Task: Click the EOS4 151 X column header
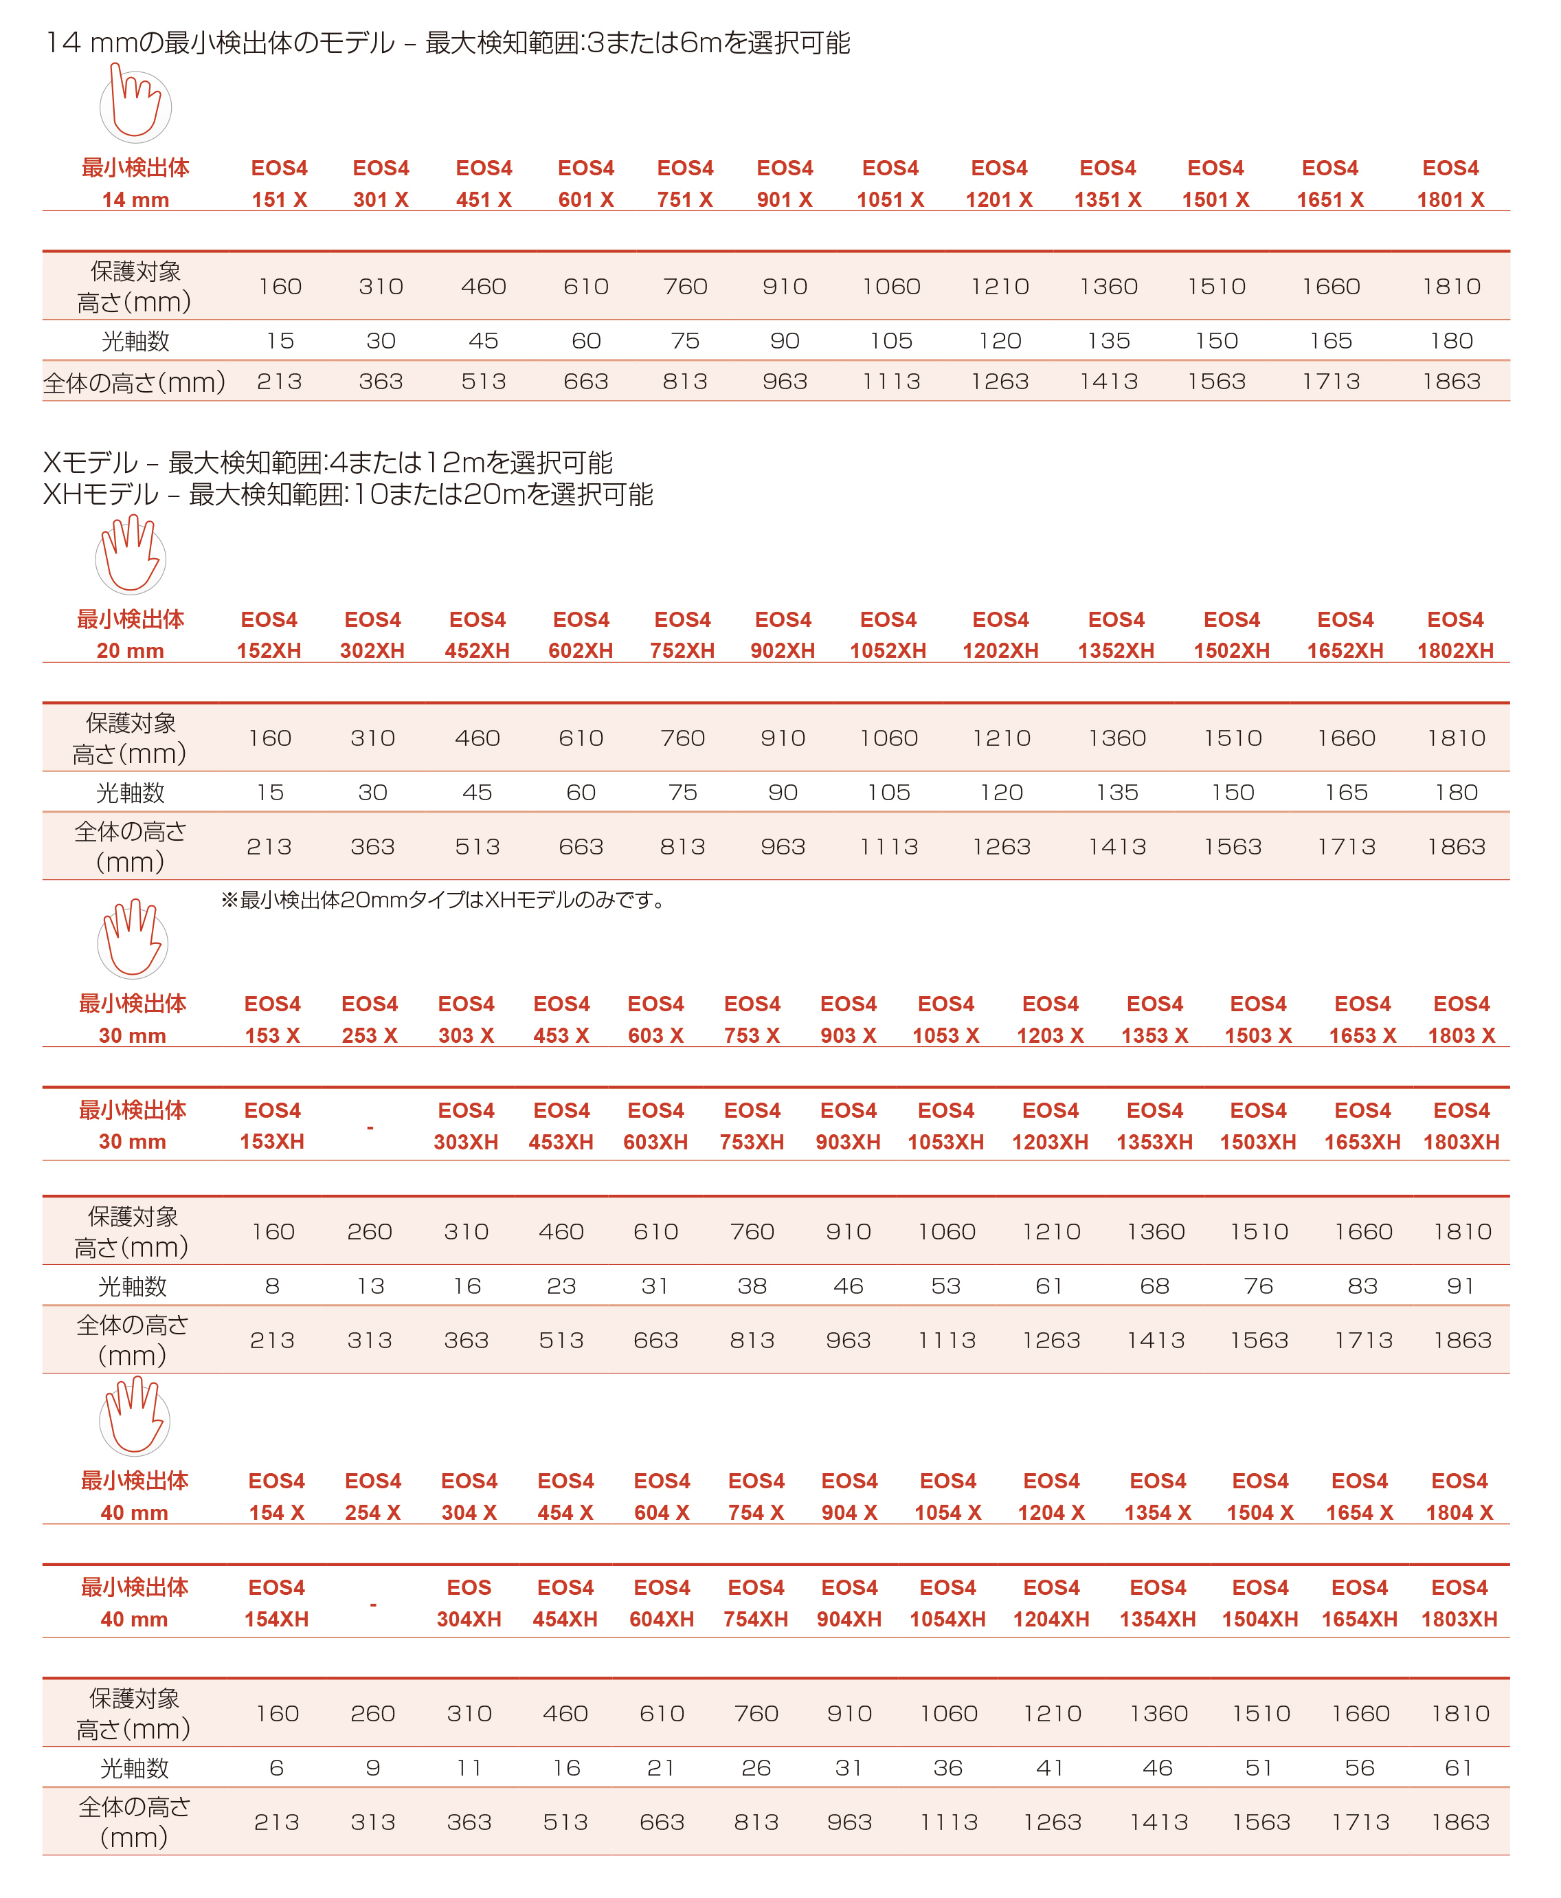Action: [x=279, y=184]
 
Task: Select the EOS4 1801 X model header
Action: [x=1450, y=184]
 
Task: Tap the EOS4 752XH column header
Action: [x=682, y=635]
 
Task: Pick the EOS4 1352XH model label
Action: [x=1115, y=635]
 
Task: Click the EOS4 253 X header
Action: [x=370, y=1019]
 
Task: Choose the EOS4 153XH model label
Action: [x=273, y=1125]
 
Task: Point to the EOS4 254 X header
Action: [x=372, y=1496]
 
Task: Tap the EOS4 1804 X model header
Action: [x=1459, y=1496]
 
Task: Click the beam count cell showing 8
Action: [x=273, y=1285]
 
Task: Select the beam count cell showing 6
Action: [x=276, y=1767]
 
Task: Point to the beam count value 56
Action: [x=1359, y=1767]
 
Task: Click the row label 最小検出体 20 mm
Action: [x=131, y=635]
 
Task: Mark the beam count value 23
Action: [x=561, y=1285]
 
